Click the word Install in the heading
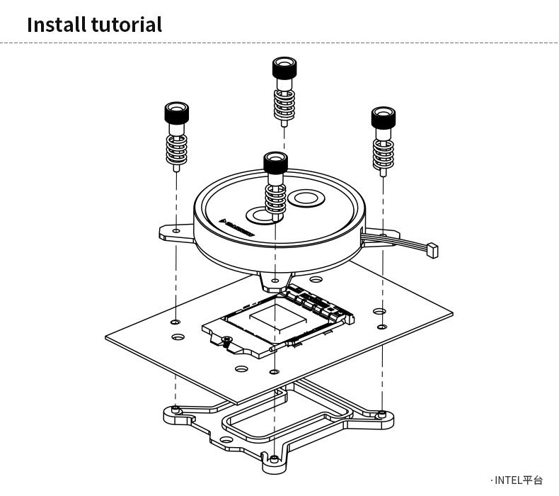56,25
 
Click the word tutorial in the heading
126,25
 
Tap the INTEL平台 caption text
517,480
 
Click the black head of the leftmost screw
177,113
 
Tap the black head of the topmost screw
284,69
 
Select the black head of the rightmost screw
384,117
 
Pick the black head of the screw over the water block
275,162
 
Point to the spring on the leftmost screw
176,150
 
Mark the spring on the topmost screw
284,103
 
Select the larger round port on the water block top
308,200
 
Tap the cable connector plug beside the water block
432,249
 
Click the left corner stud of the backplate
174,409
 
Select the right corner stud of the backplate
381,412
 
